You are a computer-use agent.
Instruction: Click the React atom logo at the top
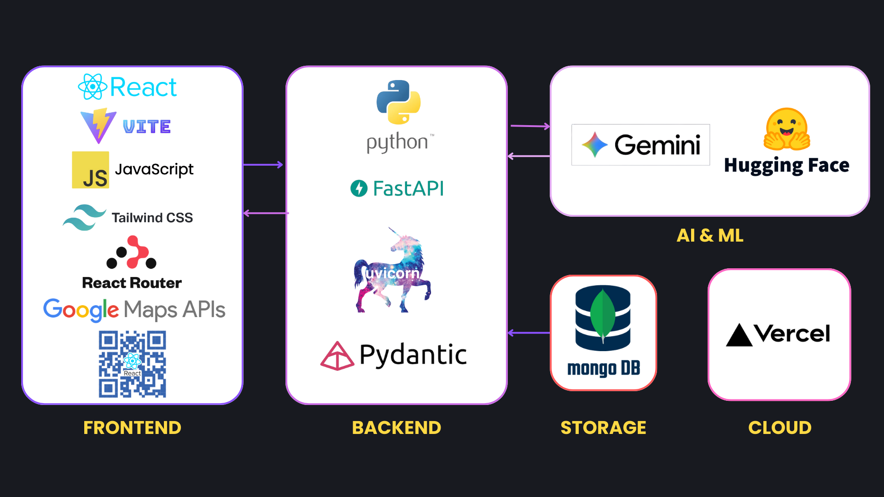93,87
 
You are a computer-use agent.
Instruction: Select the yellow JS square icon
91,170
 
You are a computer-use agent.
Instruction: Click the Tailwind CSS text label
152,218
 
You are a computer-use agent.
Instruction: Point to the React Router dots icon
132,253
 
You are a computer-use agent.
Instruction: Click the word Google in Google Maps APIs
81,310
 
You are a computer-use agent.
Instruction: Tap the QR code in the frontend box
132,364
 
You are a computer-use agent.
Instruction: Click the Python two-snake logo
398,102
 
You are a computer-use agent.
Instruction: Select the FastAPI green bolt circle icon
359,188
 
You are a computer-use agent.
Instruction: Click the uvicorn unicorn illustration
393,272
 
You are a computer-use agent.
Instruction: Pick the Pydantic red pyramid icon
337,356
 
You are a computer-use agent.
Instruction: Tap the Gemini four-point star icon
594,144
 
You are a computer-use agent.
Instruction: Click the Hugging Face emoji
787,129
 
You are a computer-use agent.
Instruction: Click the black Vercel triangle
739,335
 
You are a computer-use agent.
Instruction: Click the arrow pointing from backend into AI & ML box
530,126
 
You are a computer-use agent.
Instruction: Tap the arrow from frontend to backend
263,164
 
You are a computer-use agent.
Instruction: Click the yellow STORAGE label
603,428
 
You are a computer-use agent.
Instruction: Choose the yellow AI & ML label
710,236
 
